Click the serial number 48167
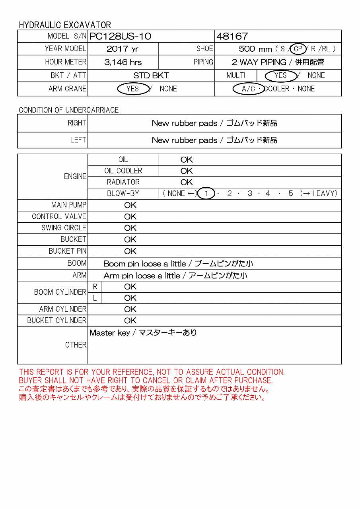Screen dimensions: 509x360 coord(232,37)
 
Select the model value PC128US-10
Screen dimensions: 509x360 coord(121,37)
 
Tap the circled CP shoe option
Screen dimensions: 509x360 coord(298,49)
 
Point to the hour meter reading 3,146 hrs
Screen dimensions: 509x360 coord(123,62)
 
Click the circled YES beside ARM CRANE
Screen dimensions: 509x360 coord(132,89)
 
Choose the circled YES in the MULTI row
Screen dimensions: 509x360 coord(280,76)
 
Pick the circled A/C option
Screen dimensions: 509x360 coord(249,89)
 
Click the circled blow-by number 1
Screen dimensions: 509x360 coord(206,194)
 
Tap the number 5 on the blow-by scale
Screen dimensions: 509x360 coord(291,194)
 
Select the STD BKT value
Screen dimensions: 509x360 coord(151,76)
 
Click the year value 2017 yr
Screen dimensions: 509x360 coord(123,49)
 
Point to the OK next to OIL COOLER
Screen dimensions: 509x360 coord(187,171)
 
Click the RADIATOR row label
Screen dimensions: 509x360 coord(123,182)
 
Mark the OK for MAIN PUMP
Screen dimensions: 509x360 coord(130,205)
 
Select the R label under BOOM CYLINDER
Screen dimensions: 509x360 coord(95,287)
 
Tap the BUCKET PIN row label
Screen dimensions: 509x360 coord(67,251)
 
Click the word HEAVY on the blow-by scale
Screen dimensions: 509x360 coord(325,194)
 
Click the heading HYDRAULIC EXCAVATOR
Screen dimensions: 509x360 coord(65,25)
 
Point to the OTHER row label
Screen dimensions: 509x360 coord(76,345)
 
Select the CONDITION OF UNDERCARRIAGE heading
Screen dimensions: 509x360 coord(68,110)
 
